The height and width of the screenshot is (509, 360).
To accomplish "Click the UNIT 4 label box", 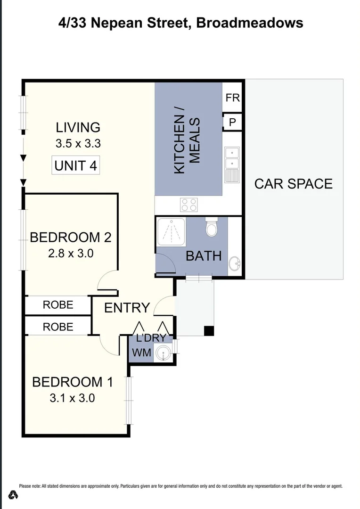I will (x=76, y=166).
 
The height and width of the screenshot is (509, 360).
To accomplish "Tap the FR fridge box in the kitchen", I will (x=232, y=98).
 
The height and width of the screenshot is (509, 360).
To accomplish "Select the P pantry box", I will (x=232, y=122).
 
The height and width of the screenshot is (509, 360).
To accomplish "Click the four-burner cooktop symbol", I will (x=189, y=205).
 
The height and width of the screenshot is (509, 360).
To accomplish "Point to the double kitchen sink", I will (x=232, y=164).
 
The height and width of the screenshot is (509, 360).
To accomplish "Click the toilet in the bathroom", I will (x=212, y=228).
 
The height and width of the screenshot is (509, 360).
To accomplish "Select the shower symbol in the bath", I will (x=171, y=231).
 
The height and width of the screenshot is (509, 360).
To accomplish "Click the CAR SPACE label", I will (x=293, y=183).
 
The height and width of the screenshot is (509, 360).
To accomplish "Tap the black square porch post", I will (x=209, y=331).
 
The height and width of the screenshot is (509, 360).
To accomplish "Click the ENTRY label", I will (x=127, y=308).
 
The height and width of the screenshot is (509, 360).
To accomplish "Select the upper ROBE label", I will (x=58, y=305).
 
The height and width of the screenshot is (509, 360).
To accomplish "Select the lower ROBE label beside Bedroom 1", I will (x=58, y=327).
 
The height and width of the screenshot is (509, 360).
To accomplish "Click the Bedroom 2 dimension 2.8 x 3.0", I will (x=71, y=254).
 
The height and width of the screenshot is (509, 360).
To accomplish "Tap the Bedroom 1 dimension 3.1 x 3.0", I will (x=72, y=398).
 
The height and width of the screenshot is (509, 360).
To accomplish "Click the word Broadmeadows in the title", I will (x=249, y=23).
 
